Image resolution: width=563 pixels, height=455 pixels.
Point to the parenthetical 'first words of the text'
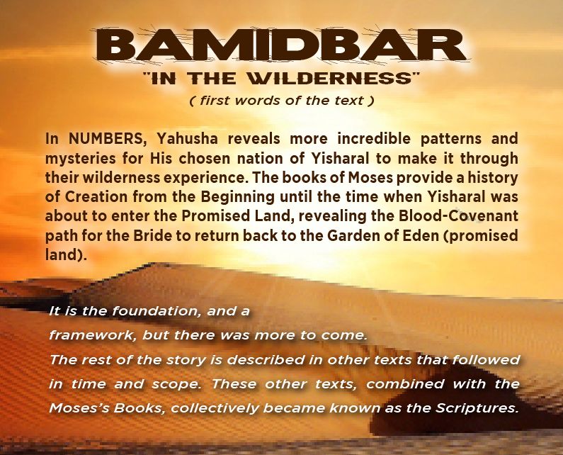(x=282, y=101)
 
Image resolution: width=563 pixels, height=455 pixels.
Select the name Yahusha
(x=187, y=139)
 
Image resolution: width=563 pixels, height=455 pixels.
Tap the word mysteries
(x=79, y=159)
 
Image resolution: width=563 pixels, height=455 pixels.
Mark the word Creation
(x=96, y=197)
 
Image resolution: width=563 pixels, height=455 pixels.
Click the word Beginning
(x=237, y=198)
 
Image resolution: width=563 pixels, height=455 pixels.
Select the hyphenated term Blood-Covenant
(x=458, y=216)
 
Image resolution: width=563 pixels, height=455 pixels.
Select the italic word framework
(x=91, y=335)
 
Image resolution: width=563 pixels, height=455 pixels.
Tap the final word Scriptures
(x=477, y=408)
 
